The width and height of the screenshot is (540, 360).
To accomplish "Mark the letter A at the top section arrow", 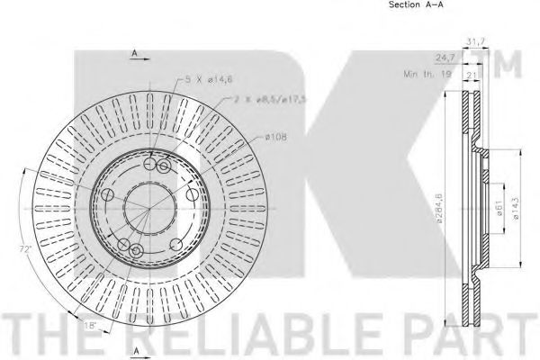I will tap(133, 55).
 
